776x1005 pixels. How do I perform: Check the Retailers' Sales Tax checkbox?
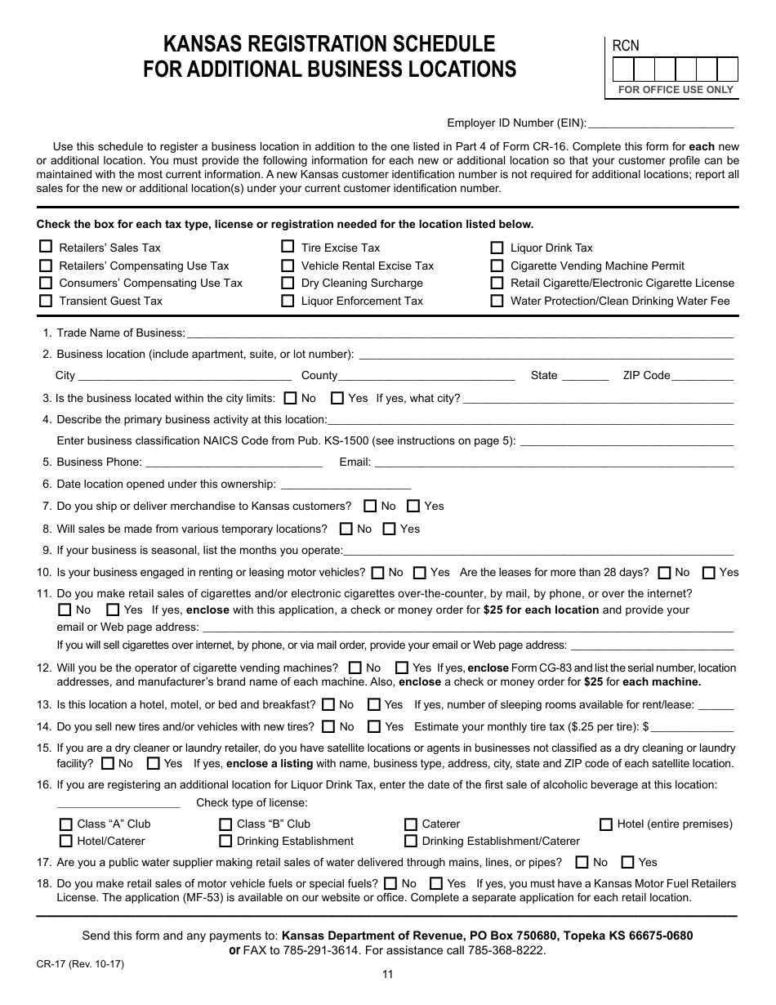tap(46, 247)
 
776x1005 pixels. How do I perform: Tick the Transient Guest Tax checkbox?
tap(46, 301)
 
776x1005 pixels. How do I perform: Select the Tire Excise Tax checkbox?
tap(288, 247)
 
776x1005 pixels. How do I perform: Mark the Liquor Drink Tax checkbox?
tap(497, 248)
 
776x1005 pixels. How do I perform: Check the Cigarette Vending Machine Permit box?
tap(497, 266)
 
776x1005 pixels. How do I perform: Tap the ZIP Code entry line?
tap(702, 376)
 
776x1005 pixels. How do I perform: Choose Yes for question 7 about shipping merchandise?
tap(413, 506)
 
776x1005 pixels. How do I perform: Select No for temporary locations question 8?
tap(346, 529)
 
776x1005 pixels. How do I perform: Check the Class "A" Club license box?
tap(66, 824)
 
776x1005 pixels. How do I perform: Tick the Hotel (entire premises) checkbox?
tap(606, 824)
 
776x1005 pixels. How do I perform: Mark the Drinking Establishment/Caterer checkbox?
tap(411, 841)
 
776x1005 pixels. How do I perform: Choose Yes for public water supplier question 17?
tap(627, 862)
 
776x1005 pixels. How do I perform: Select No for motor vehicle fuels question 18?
tap(390, 883)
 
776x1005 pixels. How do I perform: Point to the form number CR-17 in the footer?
tap(51, 963)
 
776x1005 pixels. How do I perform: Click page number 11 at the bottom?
tap(387, 974)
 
